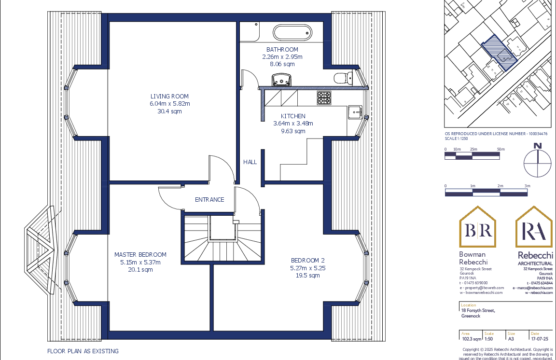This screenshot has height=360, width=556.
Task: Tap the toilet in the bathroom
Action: [341, 78]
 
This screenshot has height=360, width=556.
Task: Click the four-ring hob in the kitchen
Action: [324, 98]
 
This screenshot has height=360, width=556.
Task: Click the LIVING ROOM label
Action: [169, 97]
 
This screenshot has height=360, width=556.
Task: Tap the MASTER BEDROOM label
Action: [140, 255]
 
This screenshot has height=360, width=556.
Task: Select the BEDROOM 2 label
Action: [307, 261]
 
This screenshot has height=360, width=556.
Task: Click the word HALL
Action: [250, 162]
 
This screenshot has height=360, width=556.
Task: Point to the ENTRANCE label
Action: [209, 200]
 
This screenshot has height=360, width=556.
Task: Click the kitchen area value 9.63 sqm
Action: [293, 131]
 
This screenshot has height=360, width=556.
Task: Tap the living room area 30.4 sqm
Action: [169, 111]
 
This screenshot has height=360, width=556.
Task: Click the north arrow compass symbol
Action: [538, 163]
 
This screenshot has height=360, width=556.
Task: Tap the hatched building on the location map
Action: [499, 53]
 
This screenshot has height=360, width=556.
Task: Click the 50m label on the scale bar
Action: [500, 149]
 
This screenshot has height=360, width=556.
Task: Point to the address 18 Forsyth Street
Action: [478, 311]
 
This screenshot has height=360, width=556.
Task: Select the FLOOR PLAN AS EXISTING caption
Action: [83, 351]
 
